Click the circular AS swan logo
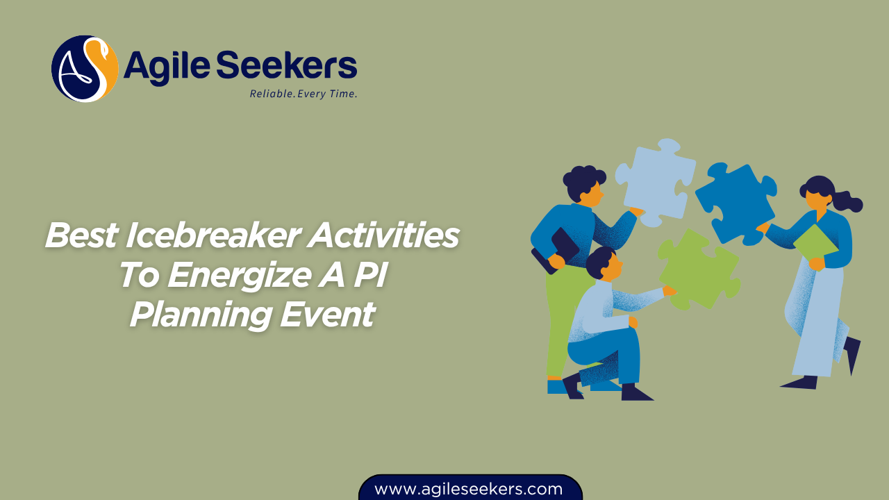pos(85,69)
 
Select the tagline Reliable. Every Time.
pos(304,94)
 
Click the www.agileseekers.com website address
pos(469,489)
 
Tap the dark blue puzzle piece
pos(736,201)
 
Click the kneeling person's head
pos(603,262)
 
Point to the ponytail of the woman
pos(849,203)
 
